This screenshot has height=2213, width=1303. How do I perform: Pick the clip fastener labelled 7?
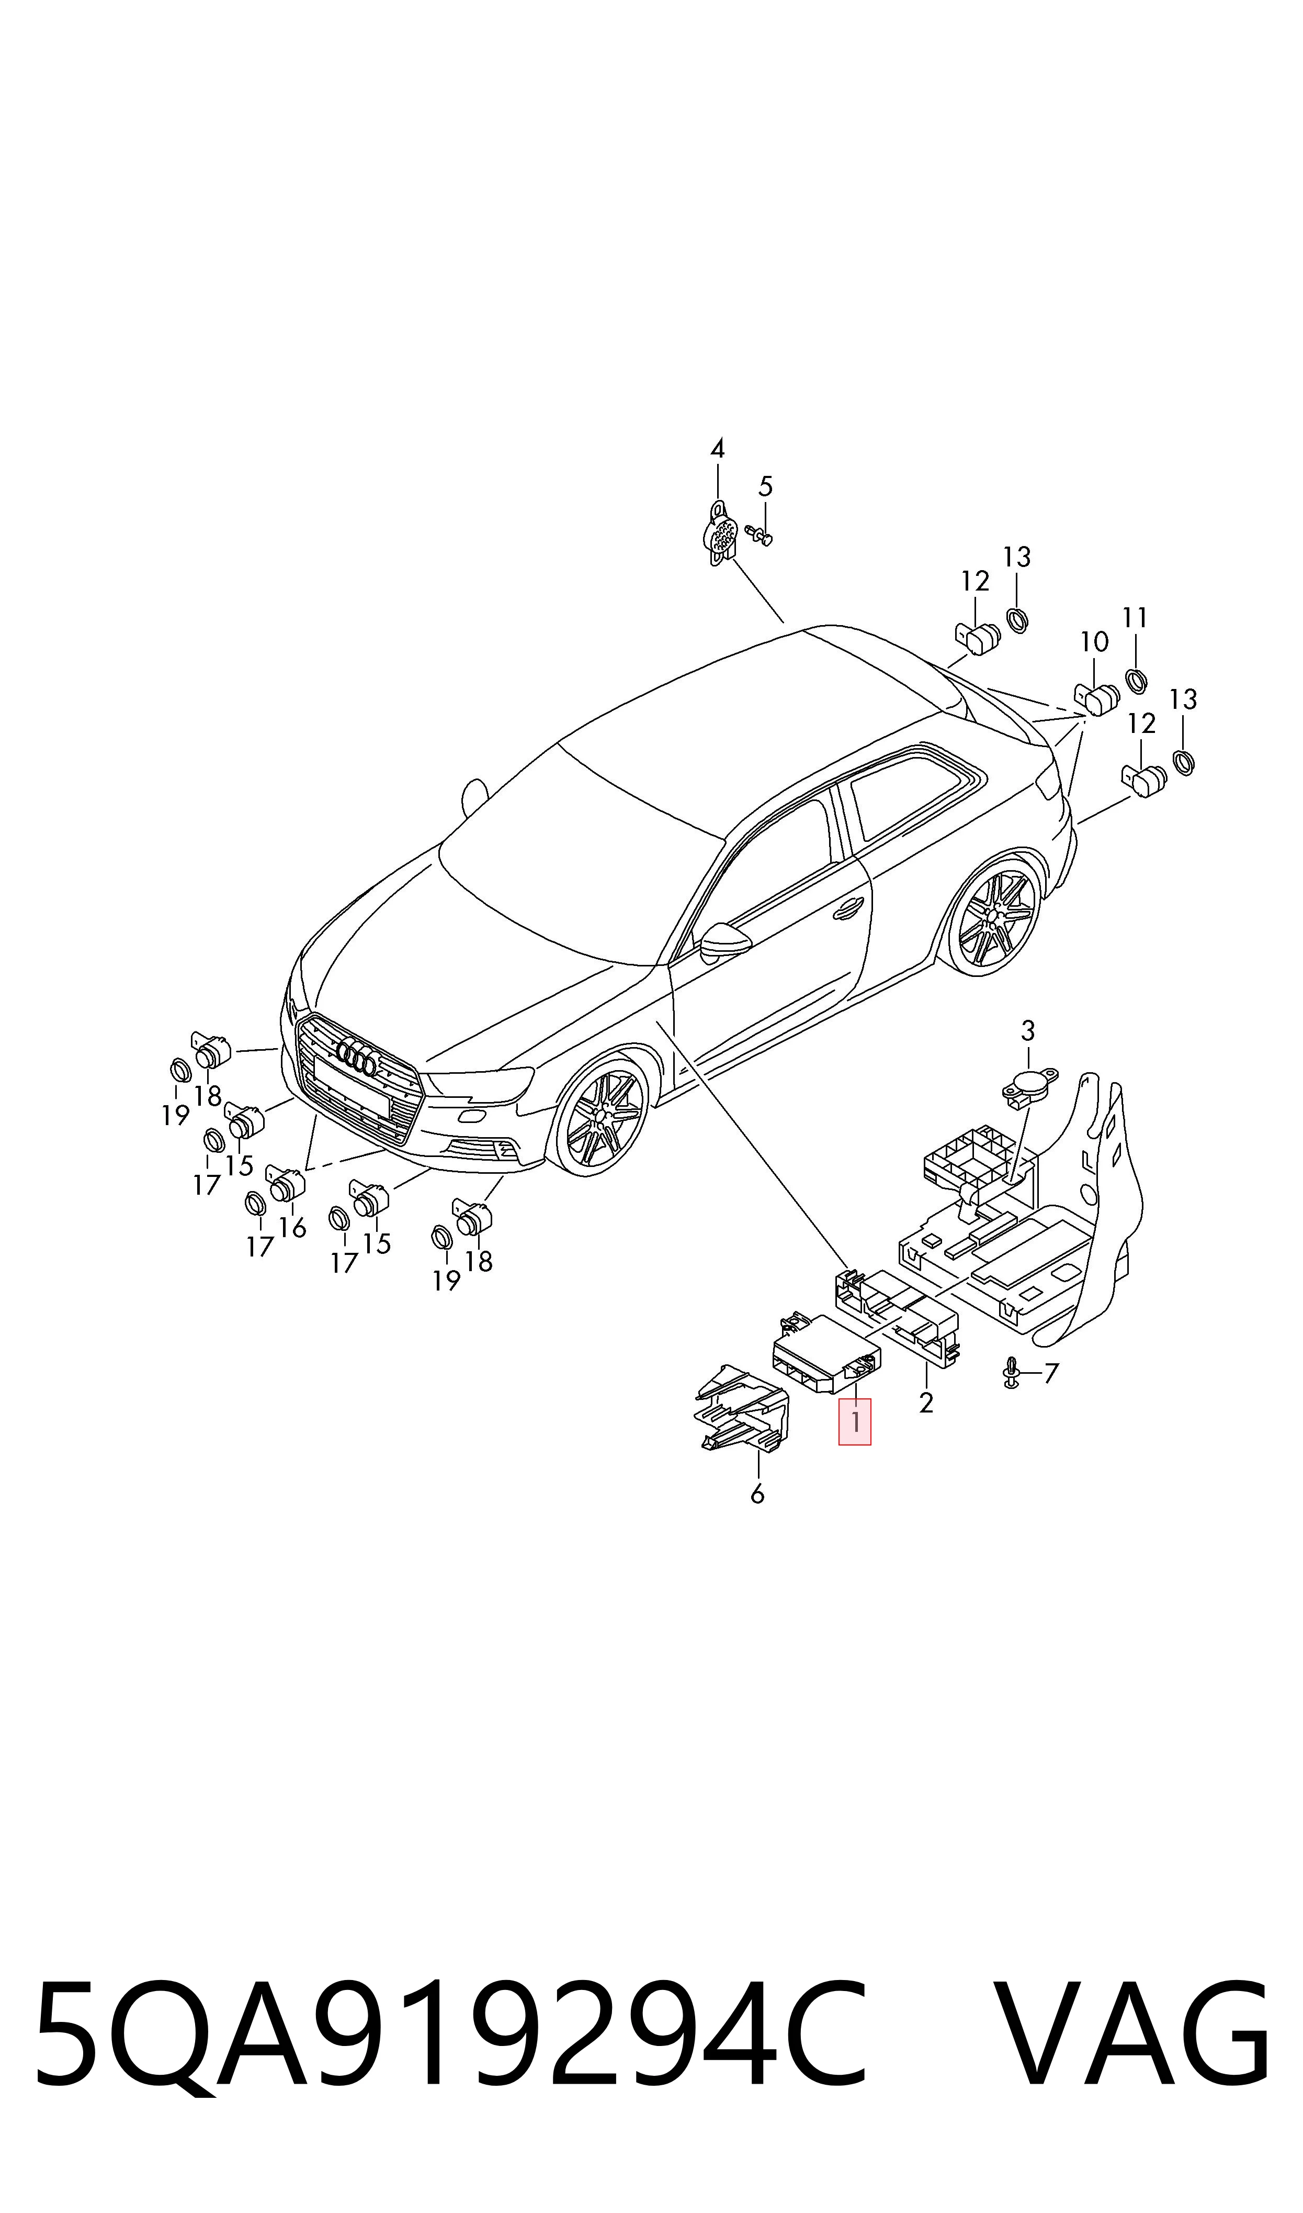1011,1374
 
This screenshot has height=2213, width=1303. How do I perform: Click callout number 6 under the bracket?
757,1494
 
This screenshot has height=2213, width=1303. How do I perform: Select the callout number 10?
1094,642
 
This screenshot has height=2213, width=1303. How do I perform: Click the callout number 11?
1135,618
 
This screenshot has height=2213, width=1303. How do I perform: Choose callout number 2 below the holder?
925,1403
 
